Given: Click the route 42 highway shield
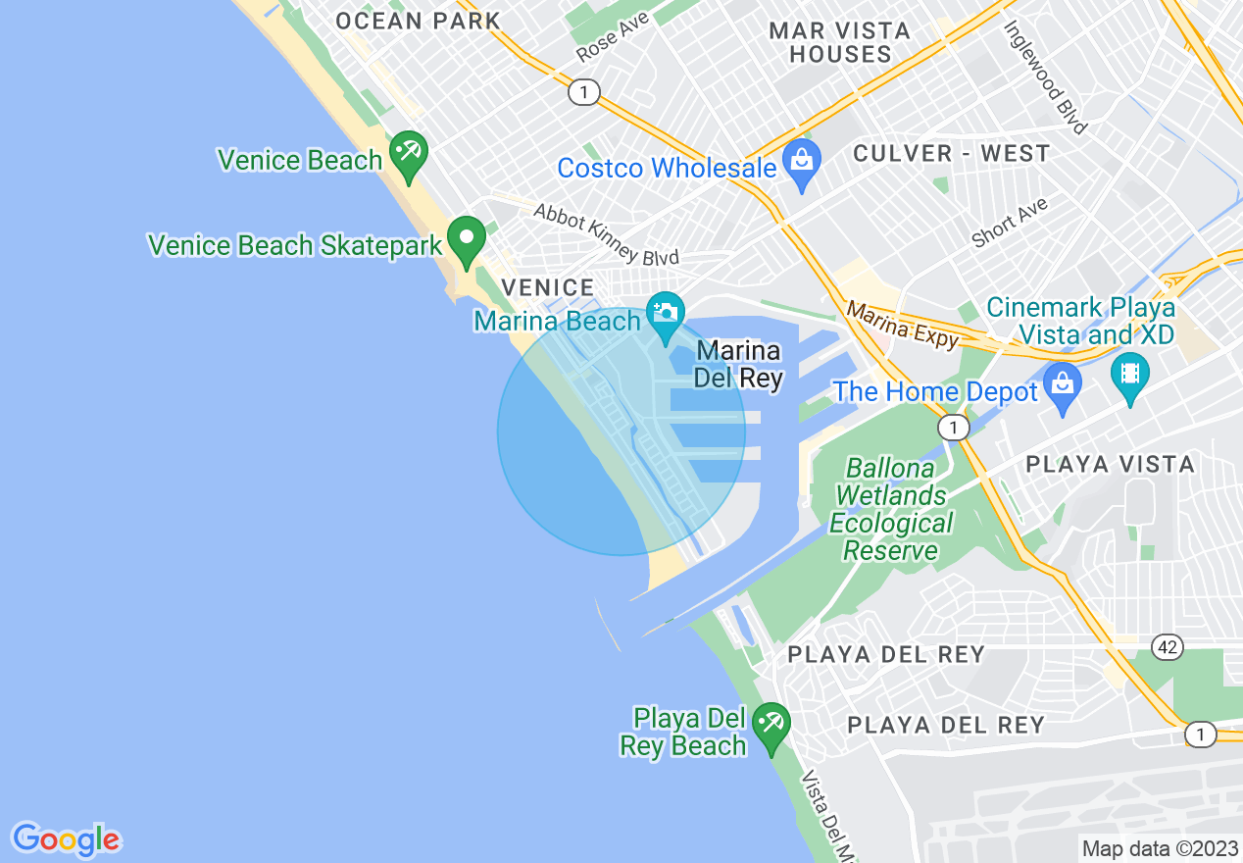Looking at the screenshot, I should [x=1167, y=647].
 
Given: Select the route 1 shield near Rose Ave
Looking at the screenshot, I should [x=583, y=92].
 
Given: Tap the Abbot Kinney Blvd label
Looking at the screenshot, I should [x=606, y=235].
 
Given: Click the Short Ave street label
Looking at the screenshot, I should [x=1010, y=223].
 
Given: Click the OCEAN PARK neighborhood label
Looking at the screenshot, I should [x=418, y=21].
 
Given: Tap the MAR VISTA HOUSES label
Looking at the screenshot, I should [x=840, y=43].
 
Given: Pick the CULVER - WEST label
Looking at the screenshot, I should [x=951, y=154].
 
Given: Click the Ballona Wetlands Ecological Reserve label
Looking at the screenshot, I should [x=891, y=509].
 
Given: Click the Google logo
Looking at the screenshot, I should [x=66, y=839].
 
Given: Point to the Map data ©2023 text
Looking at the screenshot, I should [x=1160, y=848].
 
